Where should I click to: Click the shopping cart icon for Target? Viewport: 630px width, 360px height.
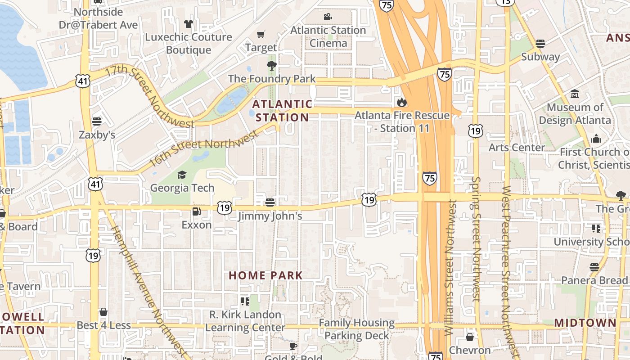coord(261,34)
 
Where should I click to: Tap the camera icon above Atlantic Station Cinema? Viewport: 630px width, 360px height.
coord(328,17)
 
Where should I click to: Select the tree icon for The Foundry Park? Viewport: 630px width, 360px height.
coord(271,66)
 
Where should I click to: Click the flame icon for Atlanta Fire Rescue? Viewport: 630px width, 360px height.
coord(402,103)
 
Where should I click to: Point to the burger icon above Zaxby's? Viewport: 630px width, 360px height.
coord(97,121)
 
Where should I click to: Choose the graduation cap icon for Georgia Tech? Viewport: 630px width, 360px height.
coord(182,175)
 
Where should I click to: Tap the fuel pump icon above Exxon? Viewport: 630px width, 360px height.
coord(197,211)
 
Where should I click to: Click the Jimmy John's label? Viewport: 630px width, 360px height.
coord(270,216)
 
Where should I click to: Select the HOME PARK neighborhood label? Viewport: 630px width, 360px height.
coord(265,275)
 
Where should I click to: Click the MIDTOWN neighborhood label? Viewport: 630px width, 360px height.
coord(585,323)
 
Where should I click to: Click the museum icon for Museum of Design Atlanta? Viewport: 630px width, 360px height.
coord(575,94)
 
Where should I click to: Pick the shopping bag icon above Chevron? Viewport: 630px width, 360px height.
coord(470,337)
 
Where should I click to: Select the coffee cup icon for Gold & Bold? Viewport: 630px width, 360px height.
coord(293,346)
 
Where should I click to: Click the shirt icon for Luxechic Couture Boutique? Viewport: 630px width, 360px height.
coord(188,23)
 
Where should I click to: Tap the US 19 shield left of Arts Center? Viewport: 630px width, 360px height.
coord(475,131)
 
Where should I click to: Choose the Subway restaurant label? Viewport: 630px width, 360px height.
coord(540,57)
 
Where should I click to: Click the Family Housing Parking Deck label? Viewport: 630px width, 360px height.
coord(356,329)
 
